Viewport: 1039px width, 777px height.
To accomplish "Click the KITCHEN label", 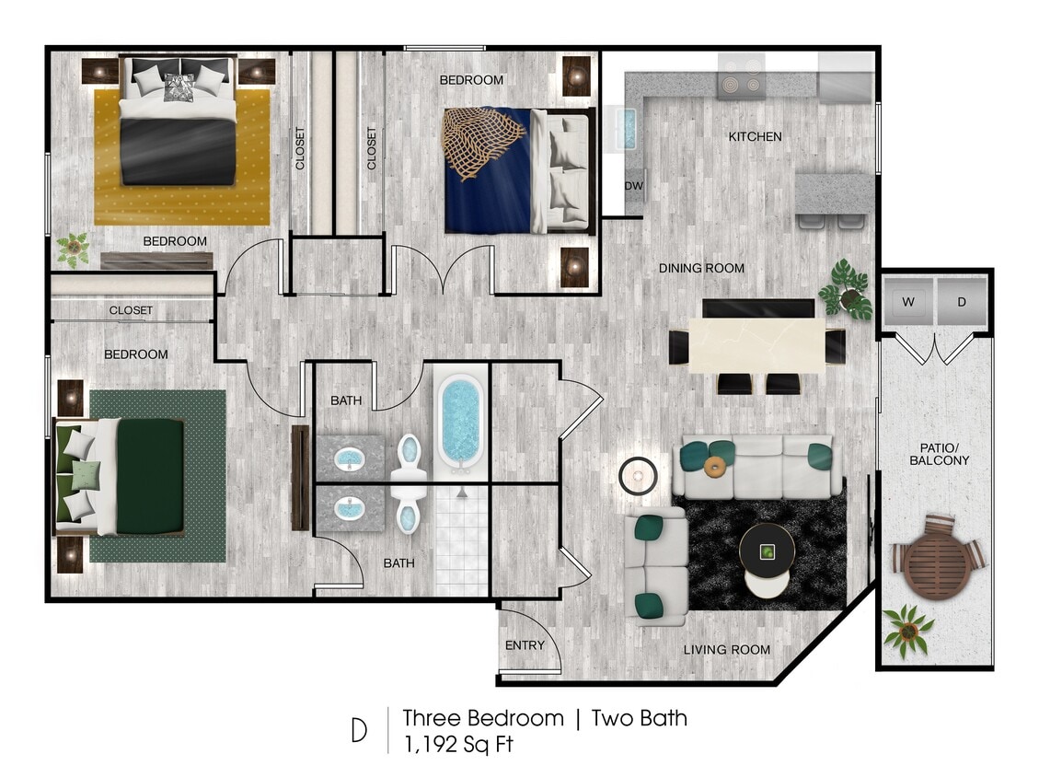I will tap(755, 136).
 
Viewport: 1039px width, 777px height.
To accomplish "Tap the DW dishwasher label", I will tap(634, 186).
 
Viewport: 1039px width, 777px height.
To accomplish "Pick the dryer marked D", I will tap(962, 302).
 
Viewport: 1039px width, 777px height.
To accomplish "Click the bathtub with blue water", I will tap(459, 423).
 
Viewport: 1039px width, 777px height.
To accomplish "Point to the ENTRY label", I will tap(525, 645).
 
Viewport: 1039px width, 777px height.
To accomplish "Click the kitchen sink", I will tap(625, 128).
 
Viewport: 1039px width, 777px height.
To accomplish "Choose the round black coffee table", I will tap(767, 550).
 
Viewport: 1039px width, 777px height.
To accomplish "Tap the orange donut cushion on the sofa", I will tap(714, 466).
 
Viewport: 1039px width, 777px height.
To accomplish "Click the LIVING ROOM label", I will tap(726, 650).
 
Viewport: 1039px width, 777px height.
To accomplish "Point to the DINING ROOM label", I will tap(701, 268).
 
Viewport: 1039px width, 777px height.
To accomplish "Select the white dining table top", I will tap(756, 345).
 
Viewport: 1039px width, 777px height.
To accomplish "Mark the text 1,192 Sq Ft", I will tap(457, 744).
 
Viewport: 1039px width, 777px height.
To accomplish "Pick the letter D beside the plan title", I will tap(359, 730).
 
